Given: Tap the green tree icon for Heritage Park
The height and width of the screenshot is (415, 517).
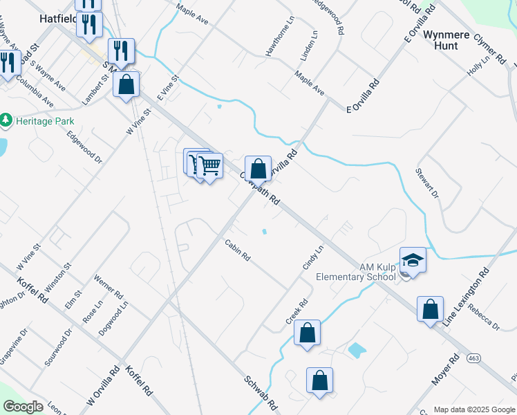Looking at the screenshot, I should point(7,120).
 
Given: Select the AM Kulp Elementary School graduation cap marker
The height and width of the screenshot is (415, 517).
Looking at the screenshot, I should point(413,261).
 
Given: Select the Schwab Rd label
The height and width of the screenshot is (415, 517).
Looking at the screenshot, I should point(261,392).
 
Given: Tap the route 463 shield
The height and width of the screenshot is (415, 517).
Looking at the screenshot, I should point(473,358).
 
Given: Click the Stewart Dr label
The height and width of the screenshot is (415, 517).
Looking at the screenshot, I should point(427,182).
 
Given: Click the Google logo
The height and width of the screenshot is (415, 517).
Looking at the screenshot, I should point(23,407).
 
